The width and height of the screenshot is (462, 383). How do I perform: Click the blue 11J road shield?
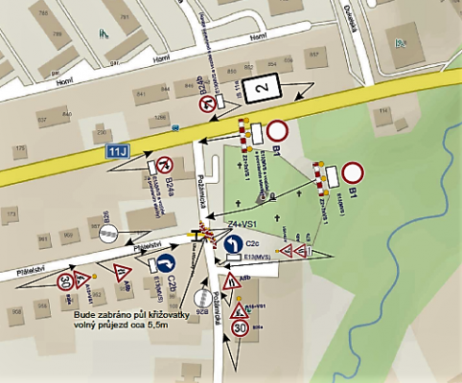click(x=118, y=151)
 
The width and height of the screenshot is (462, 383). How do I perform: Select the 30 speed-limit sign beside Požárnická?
click(x=241, y=328)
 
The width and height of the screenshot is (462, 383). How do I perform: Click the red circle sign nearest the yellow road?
click(x=278, y=131)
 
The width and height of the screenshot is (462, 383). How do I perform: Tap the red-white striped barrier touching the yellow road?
click(x=243, y=133)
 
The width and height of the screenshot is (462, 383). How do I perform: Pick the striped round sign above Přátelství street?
click(x=110, y=233)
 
